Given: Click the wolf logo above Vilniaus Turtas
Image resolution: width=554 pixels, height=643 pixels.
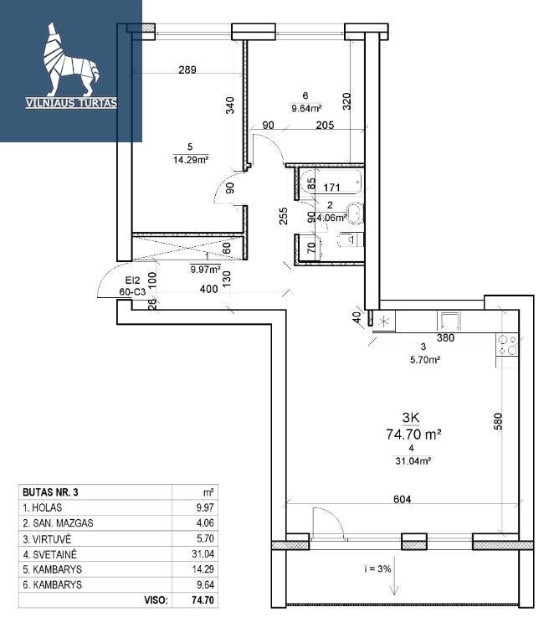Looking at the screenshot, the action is (70, 59).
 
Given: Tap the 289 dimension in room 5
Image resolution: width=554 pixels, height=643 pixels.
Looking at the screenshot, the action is (187, 69).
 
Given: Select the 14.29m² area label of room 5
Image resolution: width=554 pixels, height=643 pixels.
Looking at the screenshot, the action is (191, 160).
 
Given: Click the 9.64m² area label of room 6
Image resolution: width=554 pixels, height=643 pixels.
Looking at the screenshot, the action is (305, 109).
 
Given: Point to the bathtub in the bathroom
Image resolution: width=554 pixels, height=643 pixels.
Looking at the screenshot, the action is (331, 181).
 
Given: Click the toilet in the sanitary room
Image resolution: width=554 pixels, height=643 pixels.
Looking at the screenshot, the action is (351, 239).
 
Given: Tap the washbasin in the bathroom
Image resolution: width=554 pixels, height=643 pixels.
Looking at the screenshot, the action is (355, 213).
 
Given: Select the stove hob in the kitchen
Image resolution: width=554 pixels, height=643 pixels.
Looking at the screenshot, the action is (507, 345).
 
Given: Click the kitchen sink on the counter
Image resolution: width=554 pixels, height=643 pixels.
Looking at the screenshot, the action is (449, 321).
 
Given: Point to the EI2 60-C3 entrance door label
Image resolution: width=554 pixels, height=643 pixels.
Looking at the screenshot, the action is (132, 286).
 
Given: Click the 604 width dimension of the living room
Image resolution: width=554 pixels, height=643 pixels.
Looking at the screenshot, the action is (402, 499).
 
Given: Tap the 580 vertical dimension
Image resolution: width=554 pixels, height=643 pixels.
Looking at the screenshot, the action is (497, 422).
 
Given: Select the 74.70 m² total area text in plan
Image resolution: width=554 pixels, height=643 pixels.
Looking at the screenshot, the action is (413, 434).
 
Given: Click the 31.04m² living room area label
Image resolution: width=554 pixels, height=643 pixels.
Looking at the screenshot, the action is (413, 460).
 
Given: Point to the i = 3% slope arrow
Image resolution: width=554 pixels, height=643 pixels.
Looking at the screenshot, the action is (394, 575).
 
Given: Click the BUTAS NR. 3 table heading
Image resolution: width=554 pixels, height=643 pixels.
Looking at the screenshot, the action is (50, 492).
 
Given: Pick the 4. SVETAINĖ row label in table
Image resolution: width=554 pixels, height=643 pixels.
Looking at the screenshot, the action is (49, 554).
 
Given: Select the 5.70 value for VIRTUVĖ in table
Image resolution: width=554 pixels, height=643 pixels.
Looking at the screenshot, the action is (204, 539).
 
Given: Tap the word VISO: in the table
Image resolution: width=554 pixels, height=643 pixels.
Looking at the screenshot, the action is (156, 600).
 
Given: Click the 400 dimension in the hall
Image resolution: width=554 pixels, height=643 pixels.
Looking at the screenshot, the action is (208, 289).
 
